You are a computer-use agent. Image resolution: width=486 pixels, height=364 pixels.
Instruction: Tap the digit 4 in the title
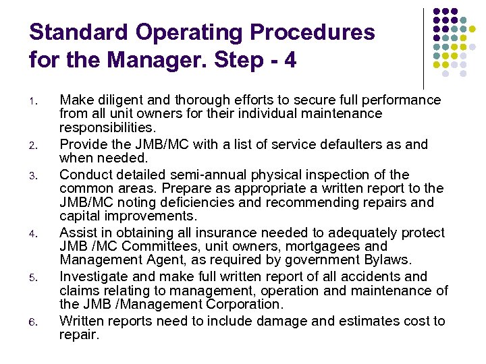point(290,60)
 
